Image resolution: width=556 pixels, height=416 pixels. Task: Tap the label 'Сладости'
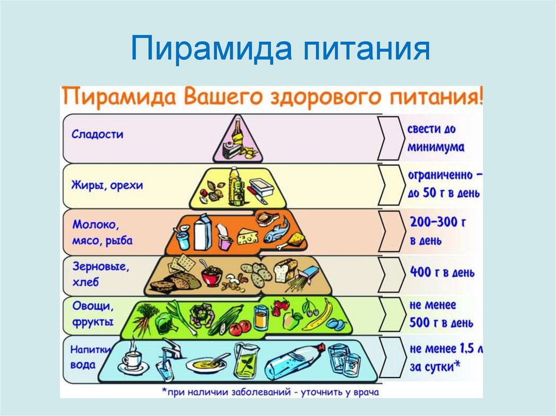(97, 135)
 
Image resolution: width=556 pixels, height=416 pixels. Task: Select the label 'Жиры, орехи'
(107, 185)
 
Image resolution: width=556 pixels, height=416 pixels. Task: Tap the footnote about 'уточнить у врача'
(270, 392)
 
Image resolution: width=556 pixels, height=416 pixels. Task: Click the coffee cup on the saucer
(131, 359)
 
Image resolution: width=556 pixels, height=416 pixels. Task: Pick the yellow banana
(319, 316)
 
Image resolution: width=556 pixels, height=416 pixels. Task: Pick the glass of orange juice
(261, 317)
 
